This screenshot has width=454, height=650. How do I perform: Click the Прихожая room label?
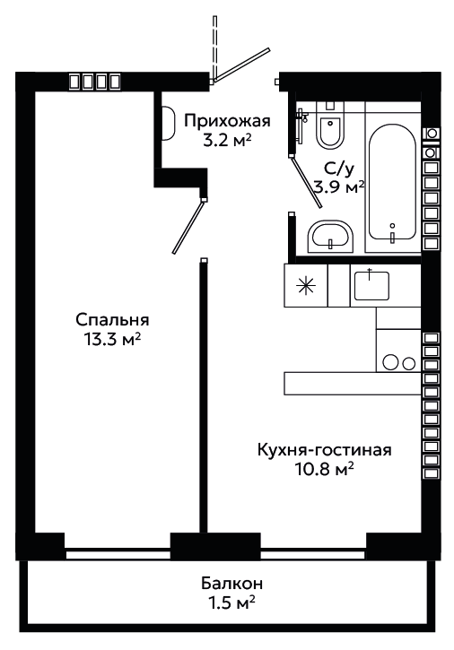pos(227,121)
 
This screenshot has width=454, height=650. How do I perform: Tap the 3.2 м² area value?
pos(227,141)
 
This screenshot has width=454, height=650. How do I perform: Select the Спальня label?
pos(112,320)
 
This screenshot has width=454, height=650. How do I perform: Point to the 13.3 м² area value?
pos(112,340)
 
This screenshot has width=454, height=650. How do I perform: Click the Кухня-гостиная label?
pos(325,450)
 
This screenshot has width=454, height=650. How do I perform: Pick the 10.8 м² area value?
pos(325,470)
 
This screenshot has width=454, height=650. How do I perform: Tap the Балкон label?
pos(232,584)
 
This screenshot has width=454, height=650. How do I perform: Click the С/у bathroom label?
pos(339,169)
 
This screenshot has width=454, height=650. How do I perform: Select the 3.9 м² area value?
pos(339,187)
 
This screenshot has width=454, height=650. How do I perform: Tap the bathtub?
pos(393,183)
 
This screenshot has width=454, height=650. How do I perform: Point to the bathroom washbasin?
pos(330,237)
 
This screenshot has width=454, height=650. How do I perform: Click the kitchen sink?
pos(371,285)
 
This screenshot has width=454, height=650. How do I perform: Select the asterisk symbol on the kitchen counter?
pos(306,286)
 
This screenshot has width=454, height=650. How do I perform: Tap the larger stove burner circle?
pos(390,362)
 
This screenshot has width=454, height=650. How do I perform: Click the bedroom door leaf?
pos(188,226)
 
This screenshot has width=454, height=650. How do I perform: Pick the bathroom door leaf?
pos(307,182)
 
